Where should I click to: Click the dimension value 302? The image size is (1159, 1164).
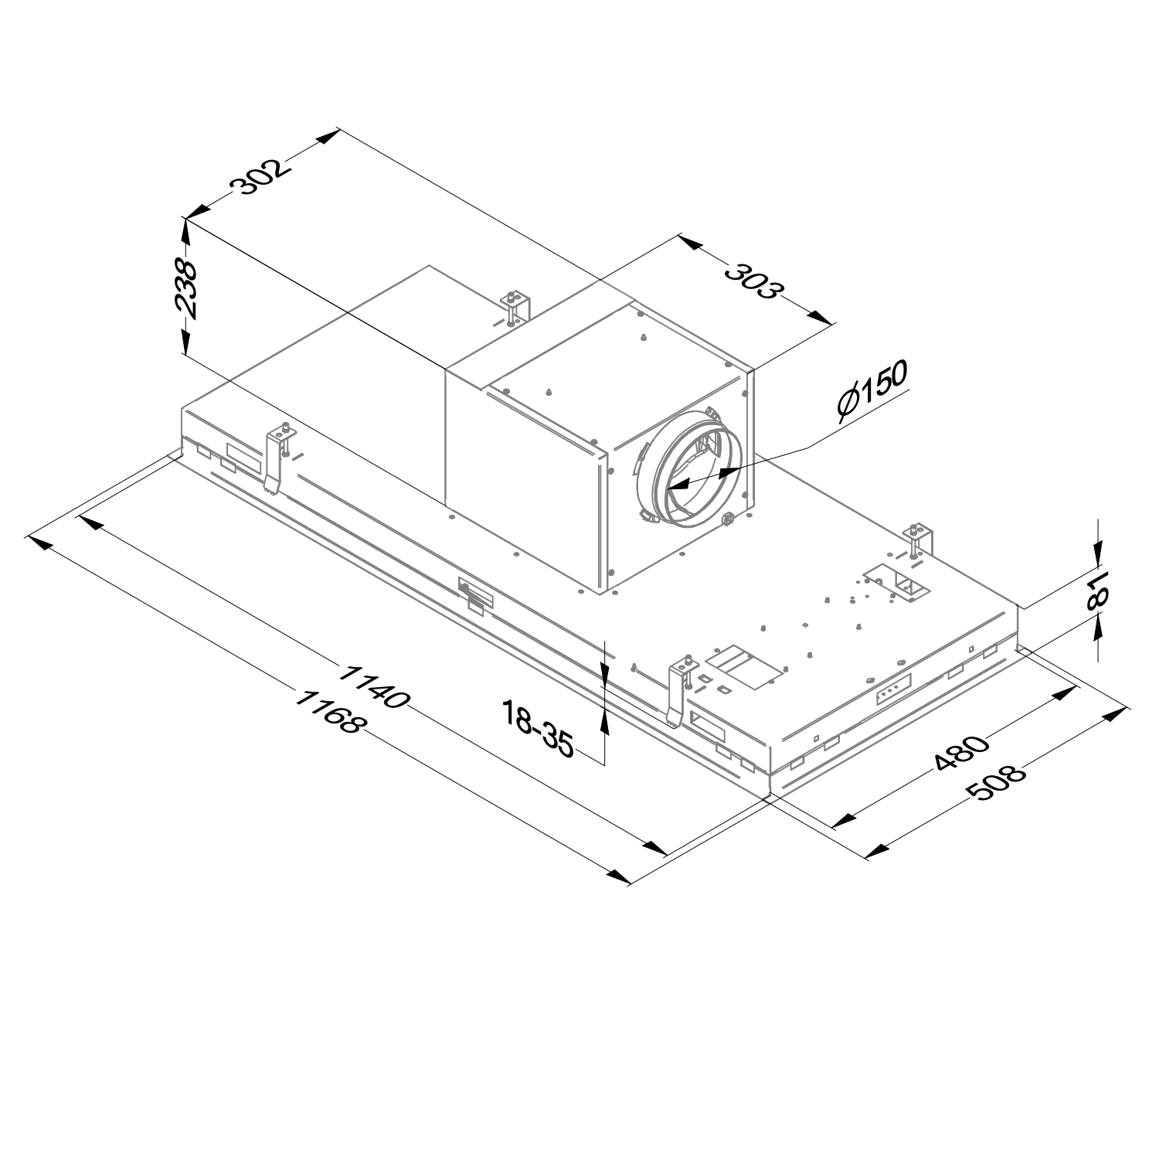point(261,176)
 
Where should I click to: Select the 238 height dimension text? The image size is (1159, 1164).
point(186,289)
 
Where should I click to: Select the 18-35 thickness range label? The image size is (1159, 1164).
point(539,727)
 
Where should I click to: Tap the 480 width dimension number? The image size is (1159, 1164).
point(961,753)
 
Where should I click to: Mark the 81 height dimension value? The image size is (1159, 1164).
point(1097,591)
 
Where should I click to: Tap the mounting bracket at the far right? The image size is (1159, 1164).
point(919,541)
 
